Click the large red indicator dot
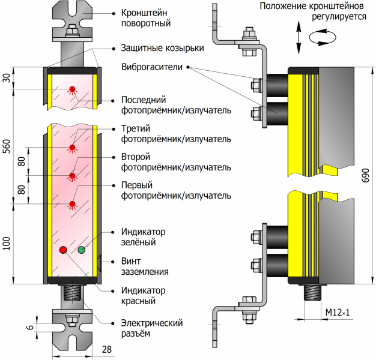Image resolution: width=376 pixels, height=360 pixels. click(x=63, y=249)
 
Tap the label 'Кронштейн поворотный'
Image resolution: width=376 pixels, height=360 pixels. click(x=146, y=18)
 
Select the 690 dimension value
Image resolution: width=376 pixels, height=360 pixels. click(x=366, y=175)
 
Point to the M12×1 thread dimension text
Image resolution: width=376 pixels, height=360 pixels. click(x=337, y=313)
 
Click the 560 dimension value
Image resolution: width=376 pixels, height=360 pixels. click(x=7, y=148)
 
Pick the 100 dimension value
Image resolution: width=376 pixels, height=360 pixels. click(x=7, y=244)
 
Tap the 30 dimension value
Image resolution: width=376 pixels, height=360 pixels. click(x=7, y=79)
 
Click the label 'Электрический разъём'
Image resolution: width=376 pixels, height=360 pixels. click(x=151, y=328)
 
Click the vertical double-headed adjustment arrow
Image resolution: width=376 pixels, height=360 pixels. click(x=299, y=37)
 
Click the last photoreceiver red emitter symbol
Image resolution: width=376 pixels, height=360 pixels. click(x=72, y=90)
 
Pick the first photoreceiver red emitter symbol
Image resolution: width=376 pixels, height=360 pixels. click(x=72, y=205)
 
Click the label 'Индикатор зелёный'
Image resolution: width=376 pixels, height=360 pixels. click(x=143, y=237)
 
